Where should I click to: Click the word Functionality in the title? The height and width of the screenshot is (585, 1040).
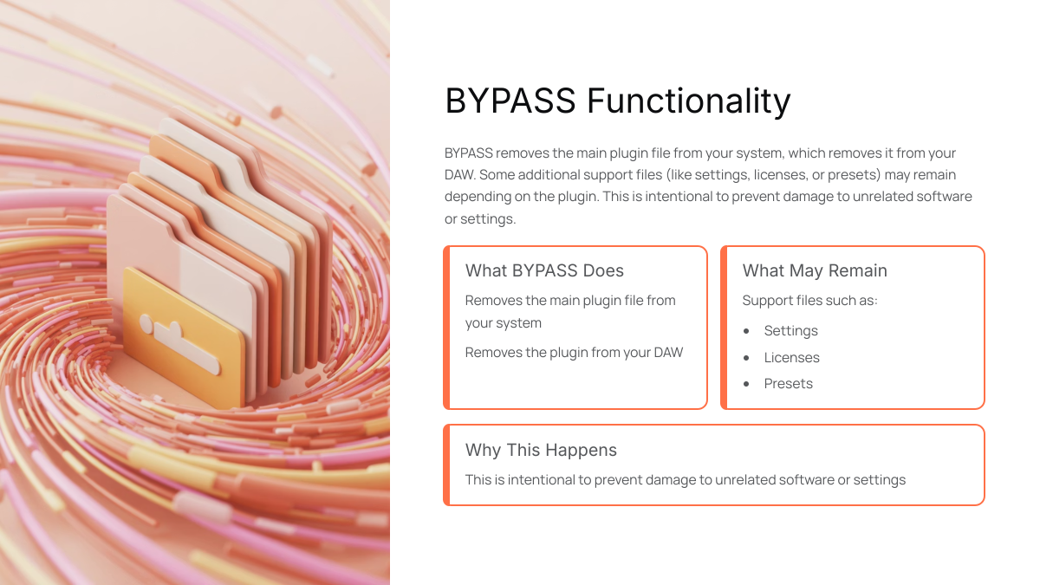pyautogui.click(x=688, y=101)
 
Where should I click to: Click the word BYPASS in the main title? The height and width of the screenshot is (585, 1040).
pyautogui.click(x=510, y=101)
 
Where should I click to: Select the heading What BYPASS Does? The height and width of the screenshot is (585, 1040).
pyautogui.click(x=544, y=270)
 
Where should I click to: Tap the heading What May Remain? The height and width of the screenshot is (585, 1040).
pyautogui.click(x=815, y=270)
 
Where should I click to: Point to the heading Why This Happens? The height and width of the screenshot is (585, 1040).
pyautogui.click(x=541, y=450)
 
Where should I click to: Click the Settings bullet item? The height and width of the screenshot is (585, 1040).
pyautogui.click(x=790, y=330)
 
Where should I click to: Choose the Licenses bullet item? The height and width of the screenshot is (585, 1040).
pyautogui.click(x=791, y=357)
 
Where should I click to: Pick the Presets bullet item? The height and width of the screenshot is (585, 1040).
pyautogui.click(x=789, y=383)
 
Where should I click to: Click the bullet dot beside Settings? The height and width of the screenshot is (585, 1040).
pyautogui.click(x=746, y=331)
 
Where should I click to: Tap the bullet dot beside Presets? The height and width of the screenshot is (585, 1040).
pyautogui.click(x=746, y=384)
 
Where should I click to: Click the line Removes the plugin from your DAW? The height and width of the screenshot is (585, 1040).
pyautogui.click(x=574, y=353)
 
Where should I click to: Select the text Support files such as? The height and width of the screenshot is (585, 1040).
pyautogui.click(x=809, y=301)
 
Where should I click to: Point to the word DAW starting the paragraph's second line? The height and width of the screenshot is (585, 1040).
pyautogui.click(x=459, y=175)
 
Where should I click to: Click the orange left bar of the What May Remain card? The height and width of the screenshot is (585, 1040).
pyautogui.click(x=724, y=328)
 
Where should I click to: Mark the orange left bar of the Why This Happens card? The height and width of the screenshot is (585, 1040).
pyautogui.click(x=446, y=465)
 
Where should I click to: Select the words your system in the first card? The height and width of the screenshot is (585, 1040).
pyautogui.click(x=504, y=323)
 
